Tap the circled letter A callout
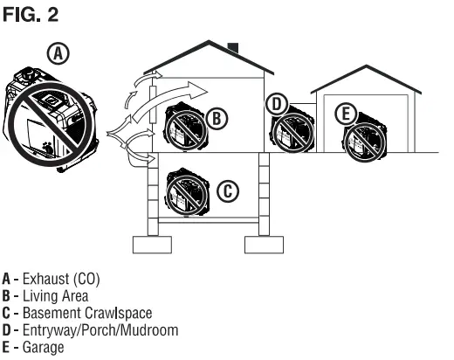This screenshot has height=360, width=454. [58, 54]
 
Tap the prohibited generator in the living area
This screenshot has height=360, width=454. [185, 129]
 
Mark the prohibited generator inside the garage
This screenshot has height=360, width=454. [365, 136]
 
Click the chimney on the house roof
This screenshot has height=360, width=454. [232, 46]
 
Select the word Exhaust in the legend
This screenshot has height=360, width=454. [41, 280]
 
